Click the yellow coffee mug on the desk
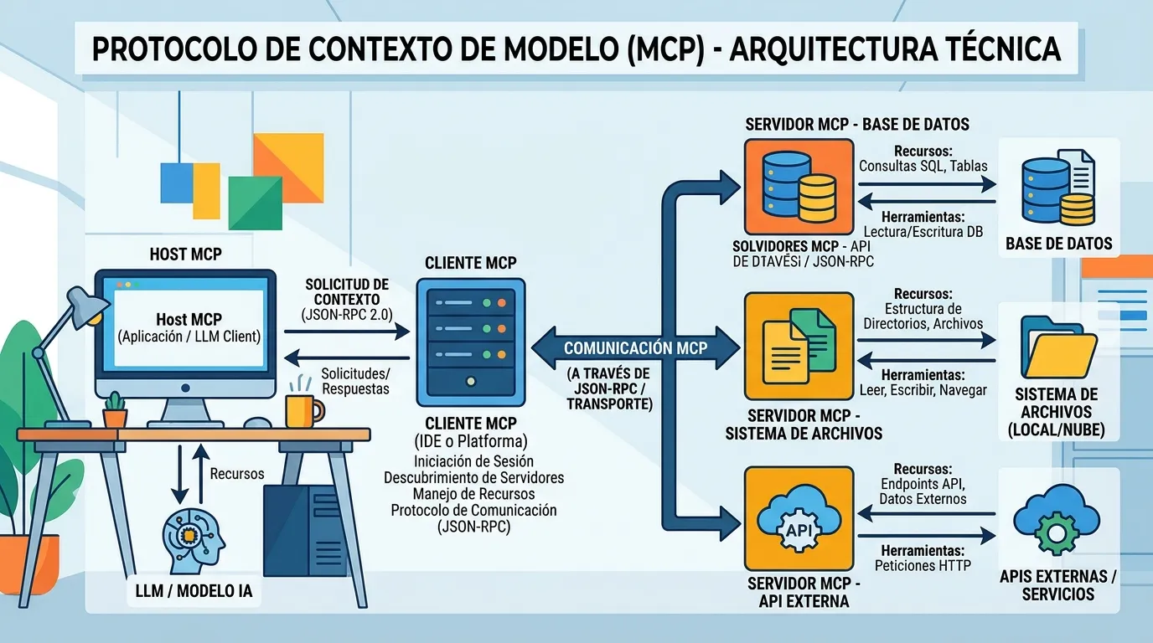302,410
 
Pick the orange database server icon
799,187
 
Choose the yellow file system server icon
799,346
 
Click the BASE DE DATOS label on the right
1059,244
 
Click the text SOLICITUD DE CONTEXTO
347,292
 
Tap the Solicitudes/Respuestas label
355,381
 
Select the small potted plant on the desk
115,409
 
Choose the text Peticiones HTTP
923,565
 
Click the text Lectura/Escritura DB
923,232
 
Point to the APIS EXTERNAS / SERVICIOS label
1057,585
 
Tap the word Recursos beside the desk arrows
237,474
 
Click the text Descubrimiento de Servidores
473,477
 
